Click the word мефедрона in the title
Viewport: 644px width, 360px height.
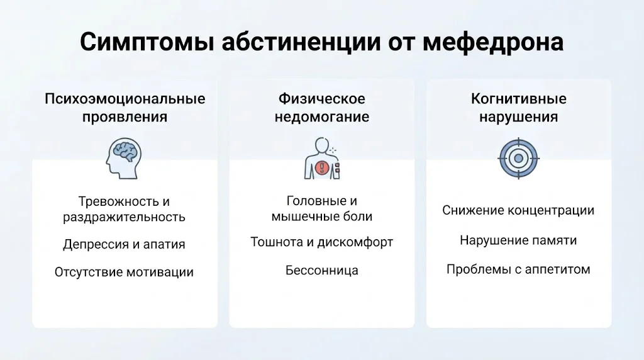[x=493, y=42]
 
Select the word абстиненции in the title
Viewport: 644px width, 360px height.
[x=301, y=42]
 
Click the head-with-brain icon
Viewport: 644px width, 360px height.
[x=124, y=158]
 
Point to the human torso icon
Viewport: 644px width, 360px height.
[x=322, y=158]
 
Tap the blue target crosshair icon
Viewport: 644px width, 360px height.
[x=518, y=158]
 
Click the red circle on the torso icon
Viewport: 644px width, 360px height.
[x=322, y=167]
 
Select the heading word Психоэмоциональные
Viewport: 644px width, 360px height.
[x=125, y=99]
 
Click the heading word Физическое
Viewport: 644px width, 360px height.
[x=322, y=99]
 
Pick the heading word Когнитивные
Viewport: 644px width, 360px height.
[x=518, y=99]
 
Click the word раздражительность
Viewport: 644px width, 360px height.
[x=124, y=217]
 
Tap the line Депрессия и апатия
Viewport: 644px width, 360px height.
[x=124, y=244]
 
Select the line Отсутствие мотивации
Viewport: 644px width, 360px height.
[x=124, y=272]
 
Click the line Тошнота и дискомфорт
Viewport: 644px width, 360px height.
[x=322, y=242]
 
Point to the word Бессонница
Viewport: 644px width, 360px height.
[x=322, y=271]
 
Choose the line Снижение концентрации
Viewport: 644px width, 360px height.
[x=518, y=210]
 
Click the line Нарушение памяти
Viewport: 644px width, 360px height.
[x=518, y=240]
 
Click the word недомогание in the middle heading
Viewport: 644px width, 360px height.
[x=322, y=117]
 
